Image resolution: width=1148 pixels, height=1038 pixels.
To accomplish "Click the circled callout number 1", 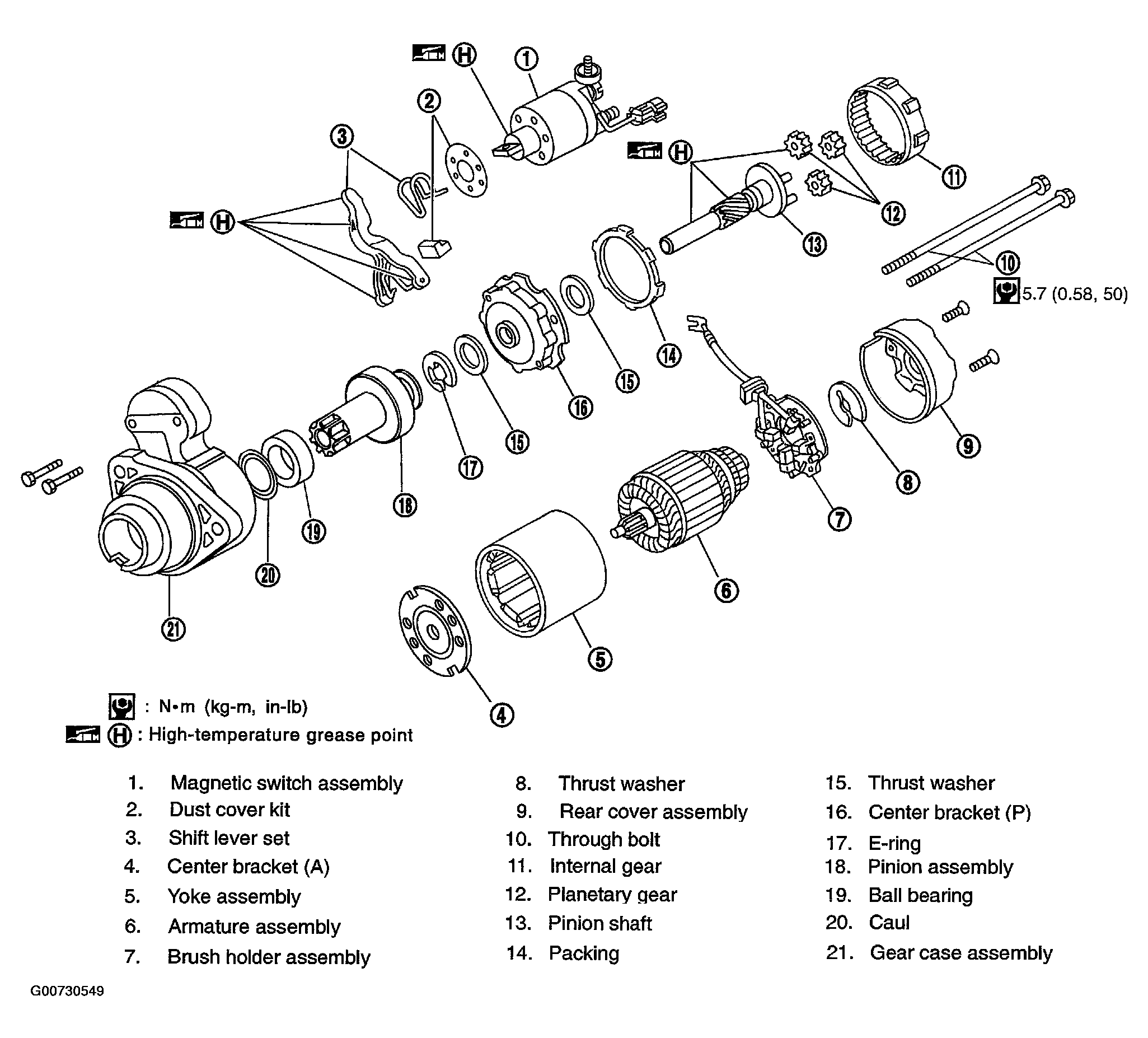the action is (x=527, y=59).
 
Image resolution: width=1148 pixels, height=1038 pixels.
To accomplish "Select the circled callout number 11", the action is (x=954, y=176).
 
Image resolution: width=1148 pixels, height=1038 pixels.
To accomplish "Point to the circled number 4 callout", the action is (x=501, y=714).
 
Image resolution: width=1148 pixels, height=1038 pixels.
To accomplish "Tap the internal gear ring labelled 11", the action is (x=886, y=121).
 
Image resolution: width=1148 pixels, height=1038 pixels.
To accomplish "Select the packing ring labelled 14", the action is (x=629, y=265).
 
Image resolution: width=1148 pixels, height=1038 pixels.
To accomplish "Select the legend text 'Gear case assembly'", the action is (x=960, y=952).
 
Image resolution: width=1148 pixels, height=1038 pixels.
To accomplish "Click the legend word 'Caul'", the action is (x=888, y=922).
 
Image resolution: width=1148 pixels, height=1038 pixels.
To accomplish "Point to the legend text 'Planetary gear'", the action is (x=612, y=895).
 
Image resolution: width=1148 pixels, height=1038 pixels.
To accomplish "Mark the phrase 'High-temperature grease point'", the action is (x=280, y=735).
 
